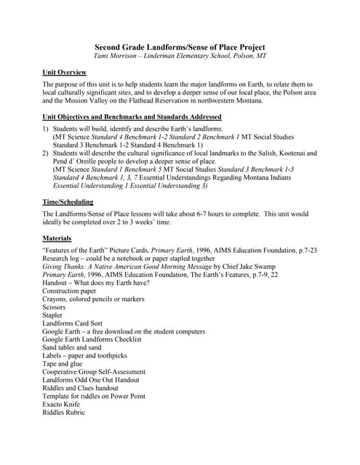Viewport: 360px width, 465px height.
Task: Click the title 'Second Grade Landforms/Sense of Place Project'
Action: click(x=180, y=47)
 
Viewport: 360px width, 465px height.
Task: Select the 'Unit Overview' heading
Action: click(x=65, y=73)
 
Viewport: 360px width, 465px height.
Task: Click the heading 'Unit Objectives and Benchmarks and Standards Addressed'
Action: click(x=132, y=117)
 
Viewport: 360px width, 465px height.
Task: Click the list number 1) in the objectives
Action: click(x=47, y=129)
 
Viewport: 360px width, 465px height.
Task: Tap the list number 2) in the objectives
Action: click(x=47, y=153)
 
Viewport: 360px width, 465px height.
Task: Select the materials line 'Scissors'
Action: click(x=55, y=307)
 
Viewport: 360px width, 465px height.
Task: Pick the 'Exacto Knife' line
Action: click(x=63, y=404)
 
